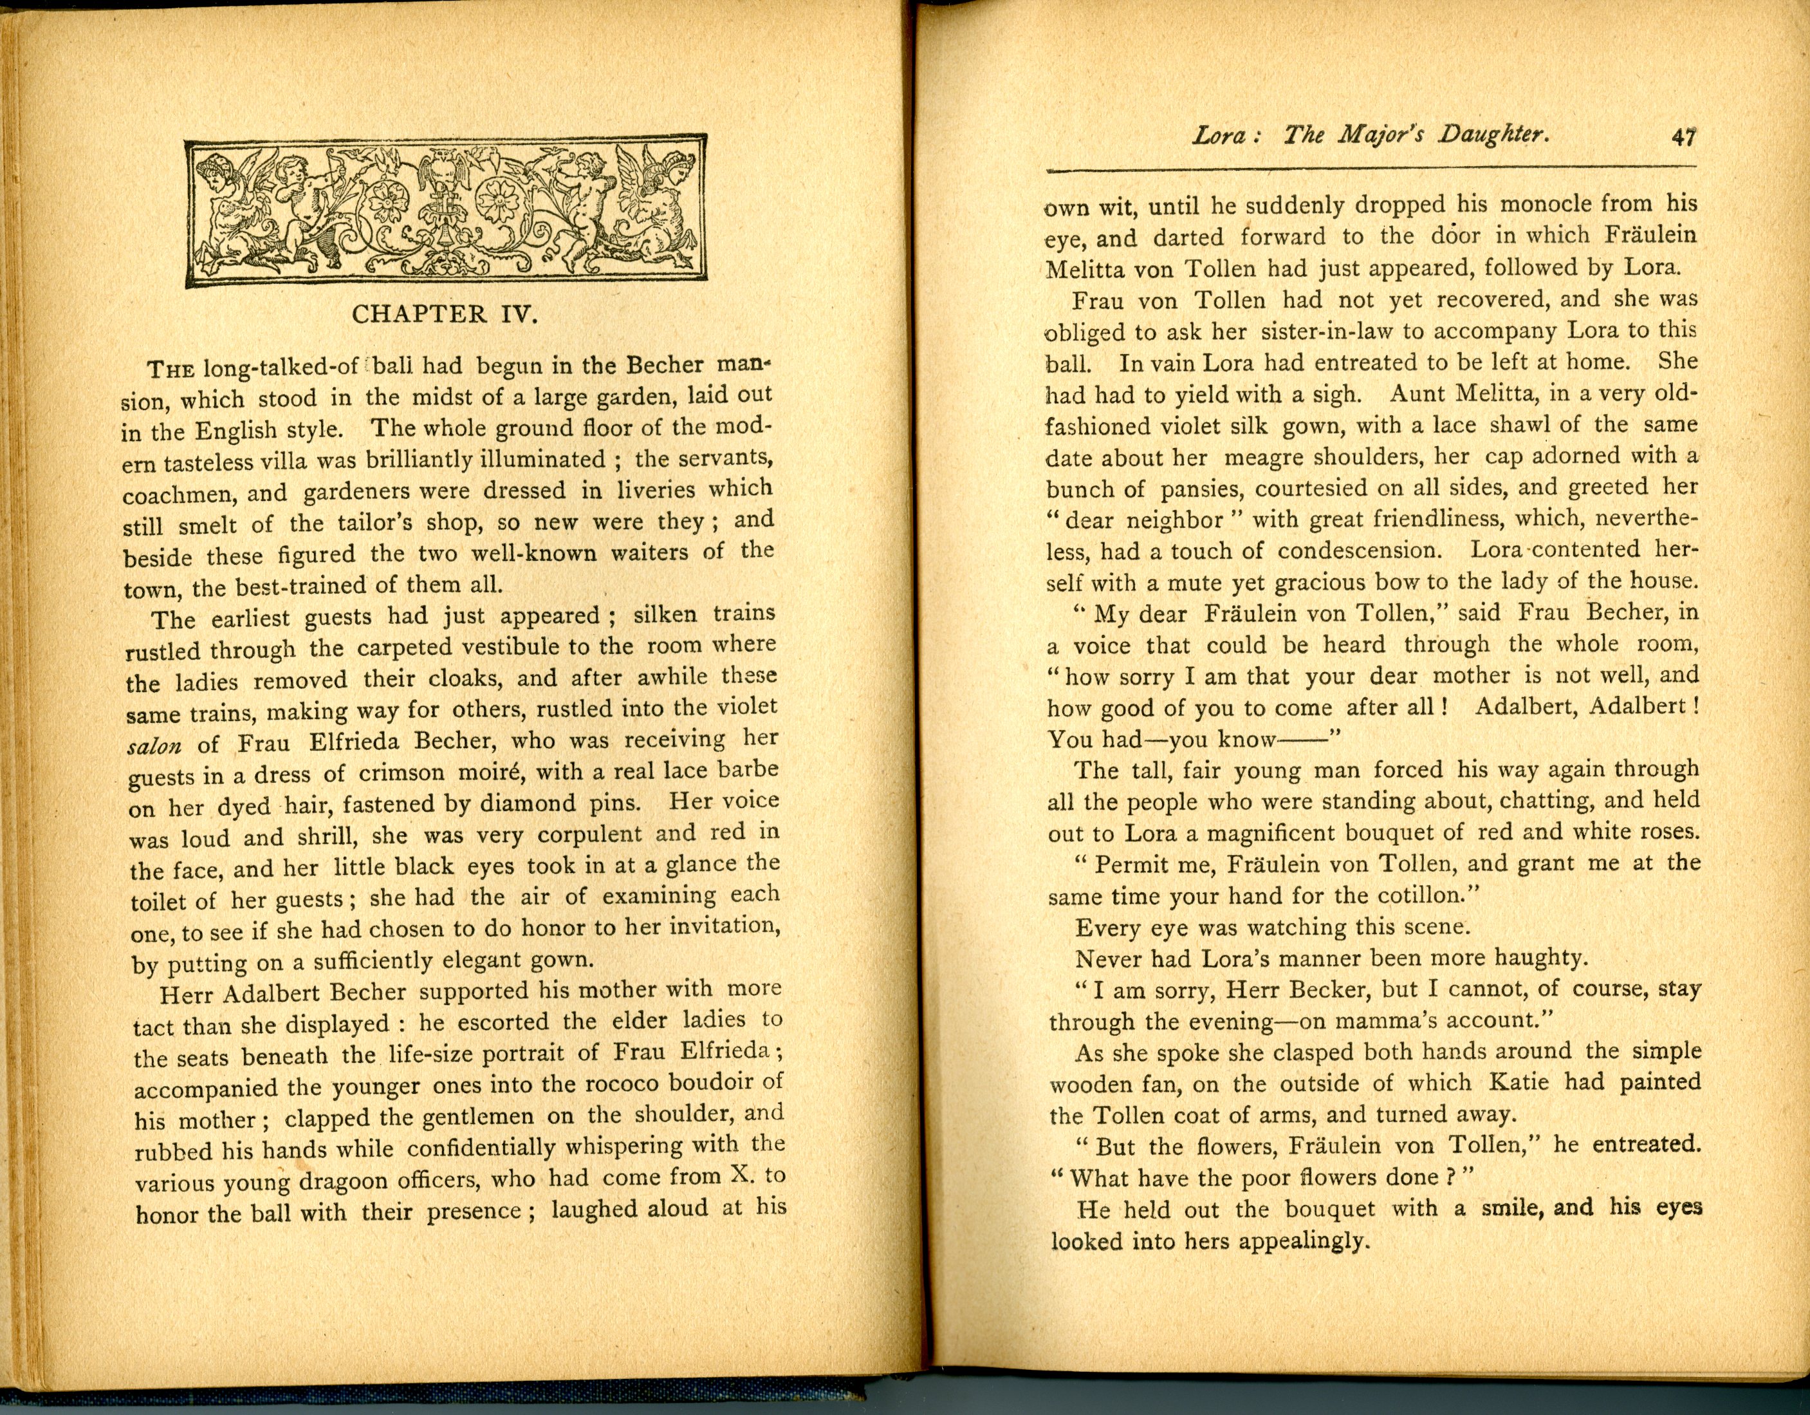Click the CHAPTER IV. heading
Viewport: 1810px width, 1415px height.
pos(445,315)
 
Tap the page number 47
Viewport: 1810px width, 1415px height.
pos(1683,136)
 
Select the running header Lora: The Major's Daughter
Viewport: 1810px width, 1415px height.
pos(1370,135)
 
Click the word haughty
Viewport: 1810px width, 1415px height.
pos(1539,959)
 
